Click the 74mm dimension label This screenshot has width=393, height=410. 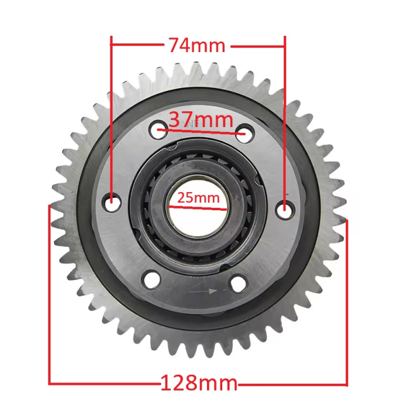tap(196, 45)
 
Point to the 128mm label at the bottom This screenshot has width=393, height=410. tap(199, 384)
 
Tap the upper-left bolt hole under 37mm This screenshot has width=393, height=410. tap(158, 131)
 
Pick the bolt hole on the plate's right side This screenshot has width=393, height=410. tap(284, 207)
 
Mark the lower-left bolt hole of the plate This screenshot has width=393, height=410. tap(149, 279)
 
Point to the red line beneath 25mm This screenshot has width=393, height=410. tap(197, 206)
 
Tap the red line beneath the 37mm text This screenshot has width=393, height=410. tap(201, 132)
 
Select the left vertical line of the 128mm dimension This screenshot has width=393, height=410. tap(49, 293)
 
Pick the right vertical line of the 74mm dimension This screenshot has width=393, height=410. tap(284, 117)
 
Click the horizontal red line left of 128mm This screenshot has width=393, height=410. tap(105, 384)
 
